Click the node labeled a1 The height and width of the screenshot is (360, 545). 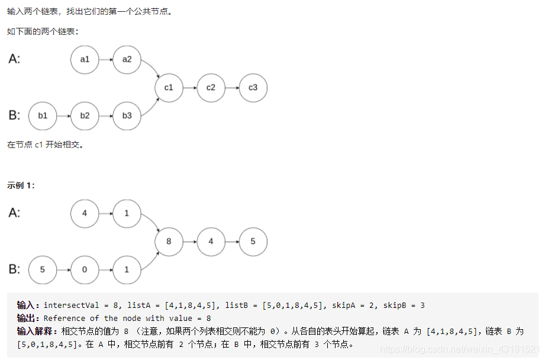[85, 59]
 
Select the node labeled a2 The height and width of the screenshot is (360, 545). [127, 59]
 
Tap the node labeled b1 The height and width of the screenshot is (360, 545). [43, 115]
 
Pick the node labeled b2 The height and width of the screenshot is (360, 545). [85, 115]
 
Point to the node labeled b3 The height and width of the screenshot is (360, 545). [127, 115]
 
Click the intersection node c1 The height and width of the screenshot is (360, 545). [169, 88]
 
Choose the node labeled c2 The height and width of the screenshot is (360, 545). [211, 88]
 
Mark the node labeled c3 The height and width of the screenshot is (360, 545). [253, 88]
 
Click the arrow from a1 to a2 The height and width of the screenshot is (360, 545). [106, 59]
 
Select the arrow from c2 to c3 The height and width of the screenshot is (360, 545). [232, 88]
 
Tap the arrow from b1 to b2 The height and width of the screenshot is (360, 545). [64, 115]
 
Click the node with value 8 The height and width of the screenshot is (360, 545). [169, 242]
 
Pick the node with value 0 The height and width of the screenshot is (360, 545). [85, 269]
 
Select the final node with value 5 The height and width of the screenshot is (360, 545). [253, 242]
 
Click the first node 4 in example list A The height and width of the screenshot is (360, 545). [85, 213]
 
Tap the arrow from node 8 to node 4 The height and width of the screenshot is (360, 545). [190, 242]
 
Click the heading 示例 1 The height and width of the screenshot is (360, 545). [21, 185]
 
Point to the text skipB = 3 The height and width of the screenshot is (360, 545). [402, 306]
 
